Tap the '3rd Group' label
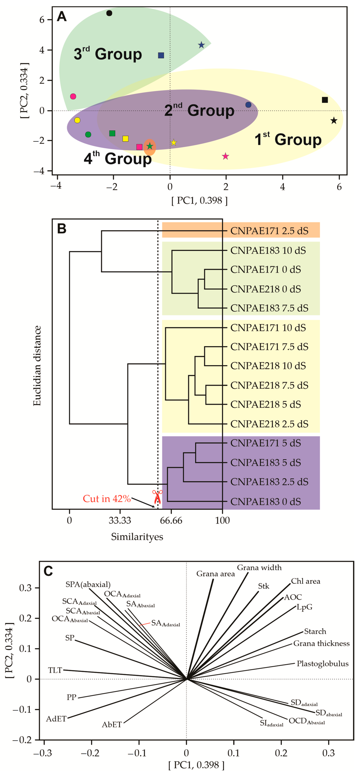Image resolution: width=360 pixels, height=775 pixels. tap(108, 54)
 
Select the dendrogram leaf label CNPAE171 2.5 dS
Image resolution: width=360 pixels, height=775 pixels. tap(269, 231)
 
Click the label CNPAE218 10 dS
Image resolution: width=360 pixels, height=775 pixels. tap(268, 366)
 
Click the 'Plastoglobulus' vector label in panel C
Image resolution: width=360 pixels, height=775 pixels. tap(322, 663)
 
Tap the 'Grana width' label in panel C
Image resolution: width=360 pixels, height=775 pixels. tap(259, 567)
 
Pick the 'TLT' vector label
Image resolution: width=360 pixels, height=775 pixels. tap(55, 670)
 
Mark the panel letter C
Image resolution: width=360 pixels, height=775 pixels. tap(48, 571)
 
